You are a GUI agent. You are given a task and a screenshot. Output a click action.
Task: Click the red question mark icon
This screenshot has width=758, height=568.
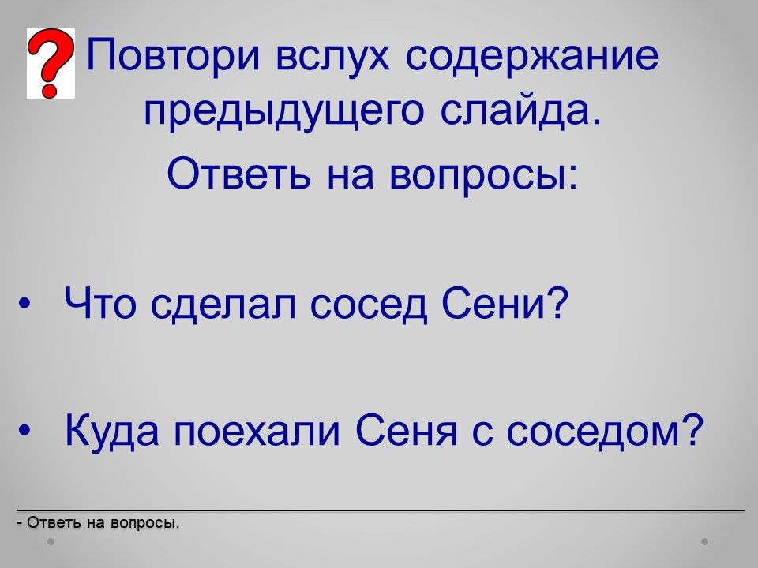[51, 63]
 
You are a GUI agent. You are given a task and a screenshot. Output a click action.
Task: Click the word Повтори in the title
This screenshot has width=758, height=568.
[174, 54]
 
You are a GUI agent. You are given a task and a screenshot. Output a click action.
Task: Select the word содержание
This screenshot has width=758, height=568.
[531, 55]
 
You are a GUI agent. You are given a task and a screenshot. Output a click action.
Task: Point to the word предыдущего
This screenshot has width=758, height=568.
[284, 113]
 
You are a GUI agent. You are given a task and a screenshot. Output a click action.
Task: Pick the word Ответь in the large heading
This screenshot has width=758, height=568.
[238, 174]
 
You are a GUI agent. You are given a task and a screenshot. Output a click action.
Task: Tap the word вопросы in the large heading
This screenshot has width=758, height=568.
[483, 177]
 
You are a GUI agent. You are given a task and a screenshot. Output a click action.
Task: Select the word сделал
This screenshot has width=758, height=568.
[223, 306]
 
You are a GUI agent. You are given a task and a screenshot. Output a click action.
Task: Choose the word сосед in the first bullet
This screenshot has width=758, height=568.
[369, 306]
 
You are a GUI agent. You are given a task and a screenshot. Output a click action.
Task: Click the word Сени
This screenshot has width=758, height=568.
[505, 303]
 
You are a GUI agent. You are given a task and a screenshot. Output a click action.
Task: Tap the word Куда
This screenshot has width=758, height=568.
[111, 431]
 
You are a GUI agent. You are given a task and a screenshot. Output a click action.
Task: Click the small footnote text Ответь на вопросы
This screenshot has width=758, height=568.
[98, 522]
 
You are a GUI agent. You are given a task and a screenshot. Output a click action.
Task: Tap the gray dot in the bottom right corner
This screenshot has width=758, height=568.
[705, 541]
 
